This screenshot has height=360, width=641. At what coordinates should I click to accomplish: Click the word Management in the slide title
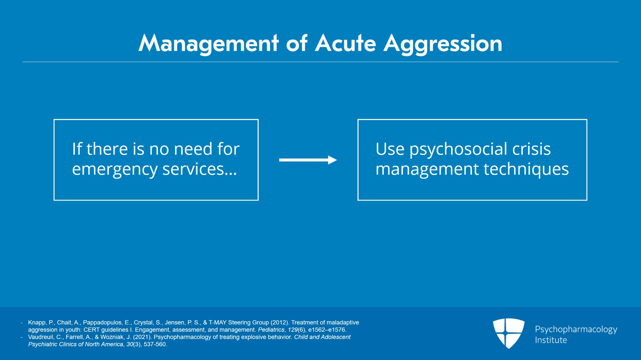[208, 43]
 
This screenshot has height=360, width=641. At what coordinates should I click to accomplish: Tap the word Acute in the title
[345, 43]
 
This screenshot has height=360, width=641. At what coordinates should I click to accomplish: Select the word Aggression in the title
[443, 43]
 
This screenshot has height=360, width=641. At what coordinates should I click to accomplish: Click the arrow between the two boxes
[308, 160]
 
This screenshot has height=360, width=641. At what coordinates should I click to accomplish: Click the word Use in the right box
[390, 149]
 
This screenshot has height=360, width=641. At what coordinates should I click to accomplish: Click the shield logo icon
[508, 333]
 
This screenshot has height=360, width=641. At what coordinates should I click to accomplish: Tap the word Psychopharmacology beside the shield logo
[576, 330]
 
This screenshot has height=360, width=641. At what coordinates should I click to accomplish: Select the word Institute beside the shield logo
[551, 340]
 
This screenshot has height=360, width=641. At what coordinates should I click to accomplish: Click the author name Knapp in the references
[36, 322]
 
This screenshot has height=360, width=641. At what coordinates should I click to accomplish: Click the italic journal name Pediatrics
[271, 330]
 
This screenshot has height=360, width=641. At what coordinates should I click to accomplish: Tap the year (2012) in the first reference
[279, 322]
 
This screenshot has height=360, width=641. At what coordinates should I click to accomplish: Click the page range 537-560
[155, 344]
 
